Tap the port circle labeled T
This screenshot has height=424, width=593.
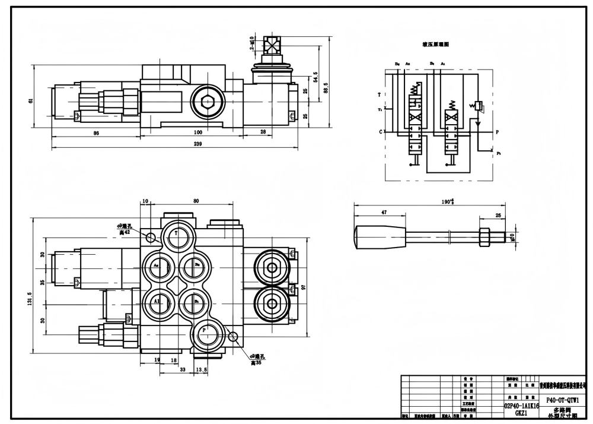point(176,234)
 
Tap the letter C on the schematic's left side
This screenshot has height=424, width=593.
point(380,131)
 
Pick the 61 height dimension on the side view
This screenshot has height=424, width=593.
point(31,100)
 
